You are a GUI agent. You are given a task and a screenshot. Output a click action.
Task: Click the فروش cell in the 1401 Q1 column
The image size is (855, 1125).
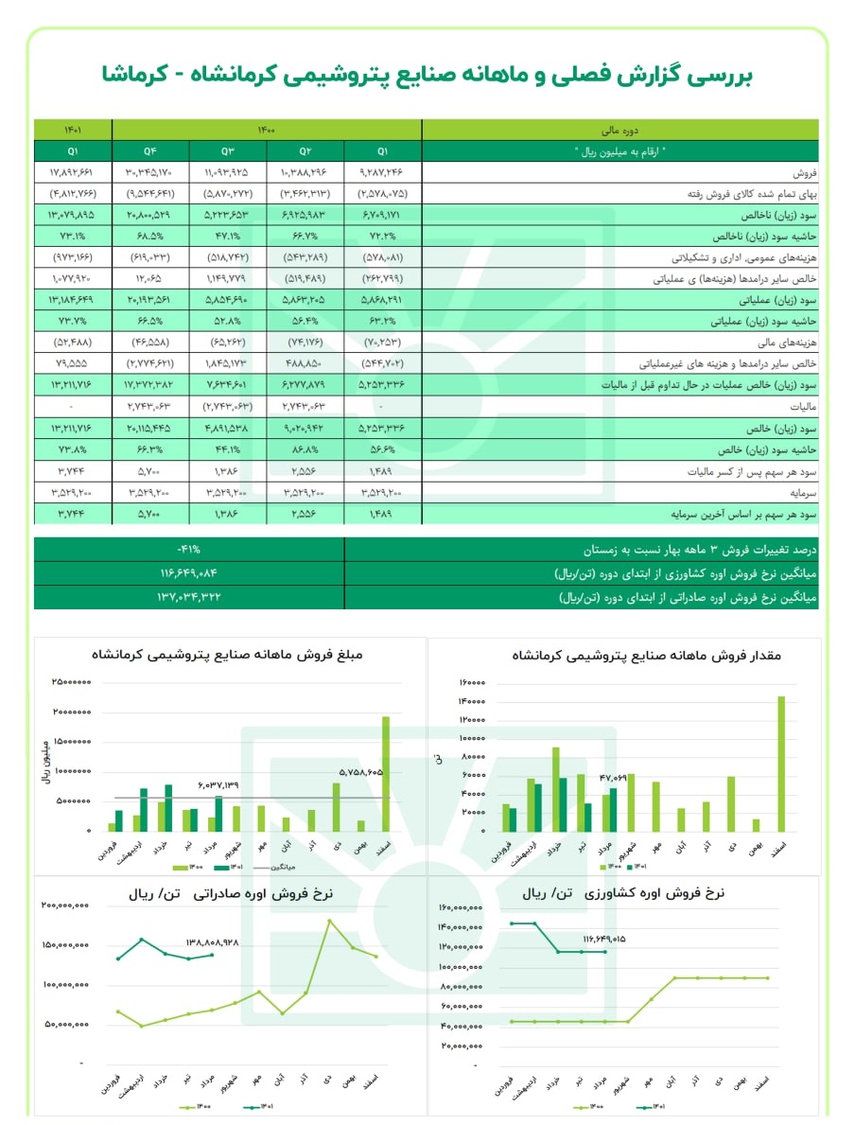72,174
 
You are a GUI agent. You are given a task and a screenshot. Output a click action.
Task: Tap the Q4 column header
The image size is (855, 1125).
150,151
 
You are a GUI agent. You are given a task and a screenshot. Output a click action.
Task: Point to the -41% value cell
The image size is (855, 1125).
189,550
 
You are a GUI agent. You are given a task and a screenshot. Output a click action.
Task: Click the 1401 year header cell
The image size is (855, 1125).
72,131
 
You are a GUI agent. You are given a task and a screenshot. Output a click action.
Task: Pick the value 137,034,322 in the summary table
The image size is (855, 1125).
189,597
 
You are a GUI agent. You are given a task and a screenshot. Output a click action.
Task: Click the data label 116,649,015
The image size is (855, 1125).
605,939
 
